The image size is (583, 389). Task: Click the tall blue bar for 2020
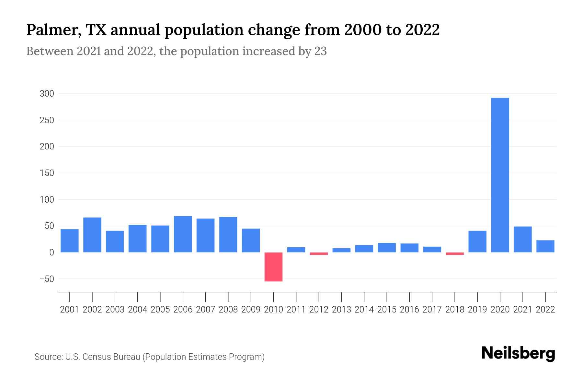(500, 175)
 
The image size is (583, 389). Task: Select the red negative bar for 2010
(273, 267)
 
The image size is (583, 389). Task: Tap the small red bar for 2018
(455, 253)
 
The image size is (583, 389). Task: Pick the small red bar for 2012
(319, 253)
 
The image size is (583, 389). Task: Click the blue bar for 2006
(183, 234)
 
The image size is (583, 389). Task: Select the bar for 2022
(545, 246)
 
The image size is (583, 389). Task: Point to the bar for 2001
(70, 241)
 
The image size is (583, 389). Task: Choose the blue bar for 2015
(387, 248)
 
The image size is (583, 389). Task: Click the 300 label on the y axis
(47, 94)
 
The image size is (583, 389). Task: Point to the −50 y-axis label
(47, 279)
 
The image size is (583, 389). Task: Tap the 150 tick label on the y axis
(47, 173)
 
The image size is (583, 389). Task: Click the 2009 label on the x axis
(251, 310)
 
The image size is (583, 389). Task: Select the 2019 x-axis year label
(477, 310)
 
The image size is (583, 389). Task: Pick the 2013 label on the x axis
(341, 310)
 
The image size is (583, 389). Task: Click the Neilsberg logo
(518, 353)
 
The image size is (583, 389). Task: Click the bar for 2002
(92, 235)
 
